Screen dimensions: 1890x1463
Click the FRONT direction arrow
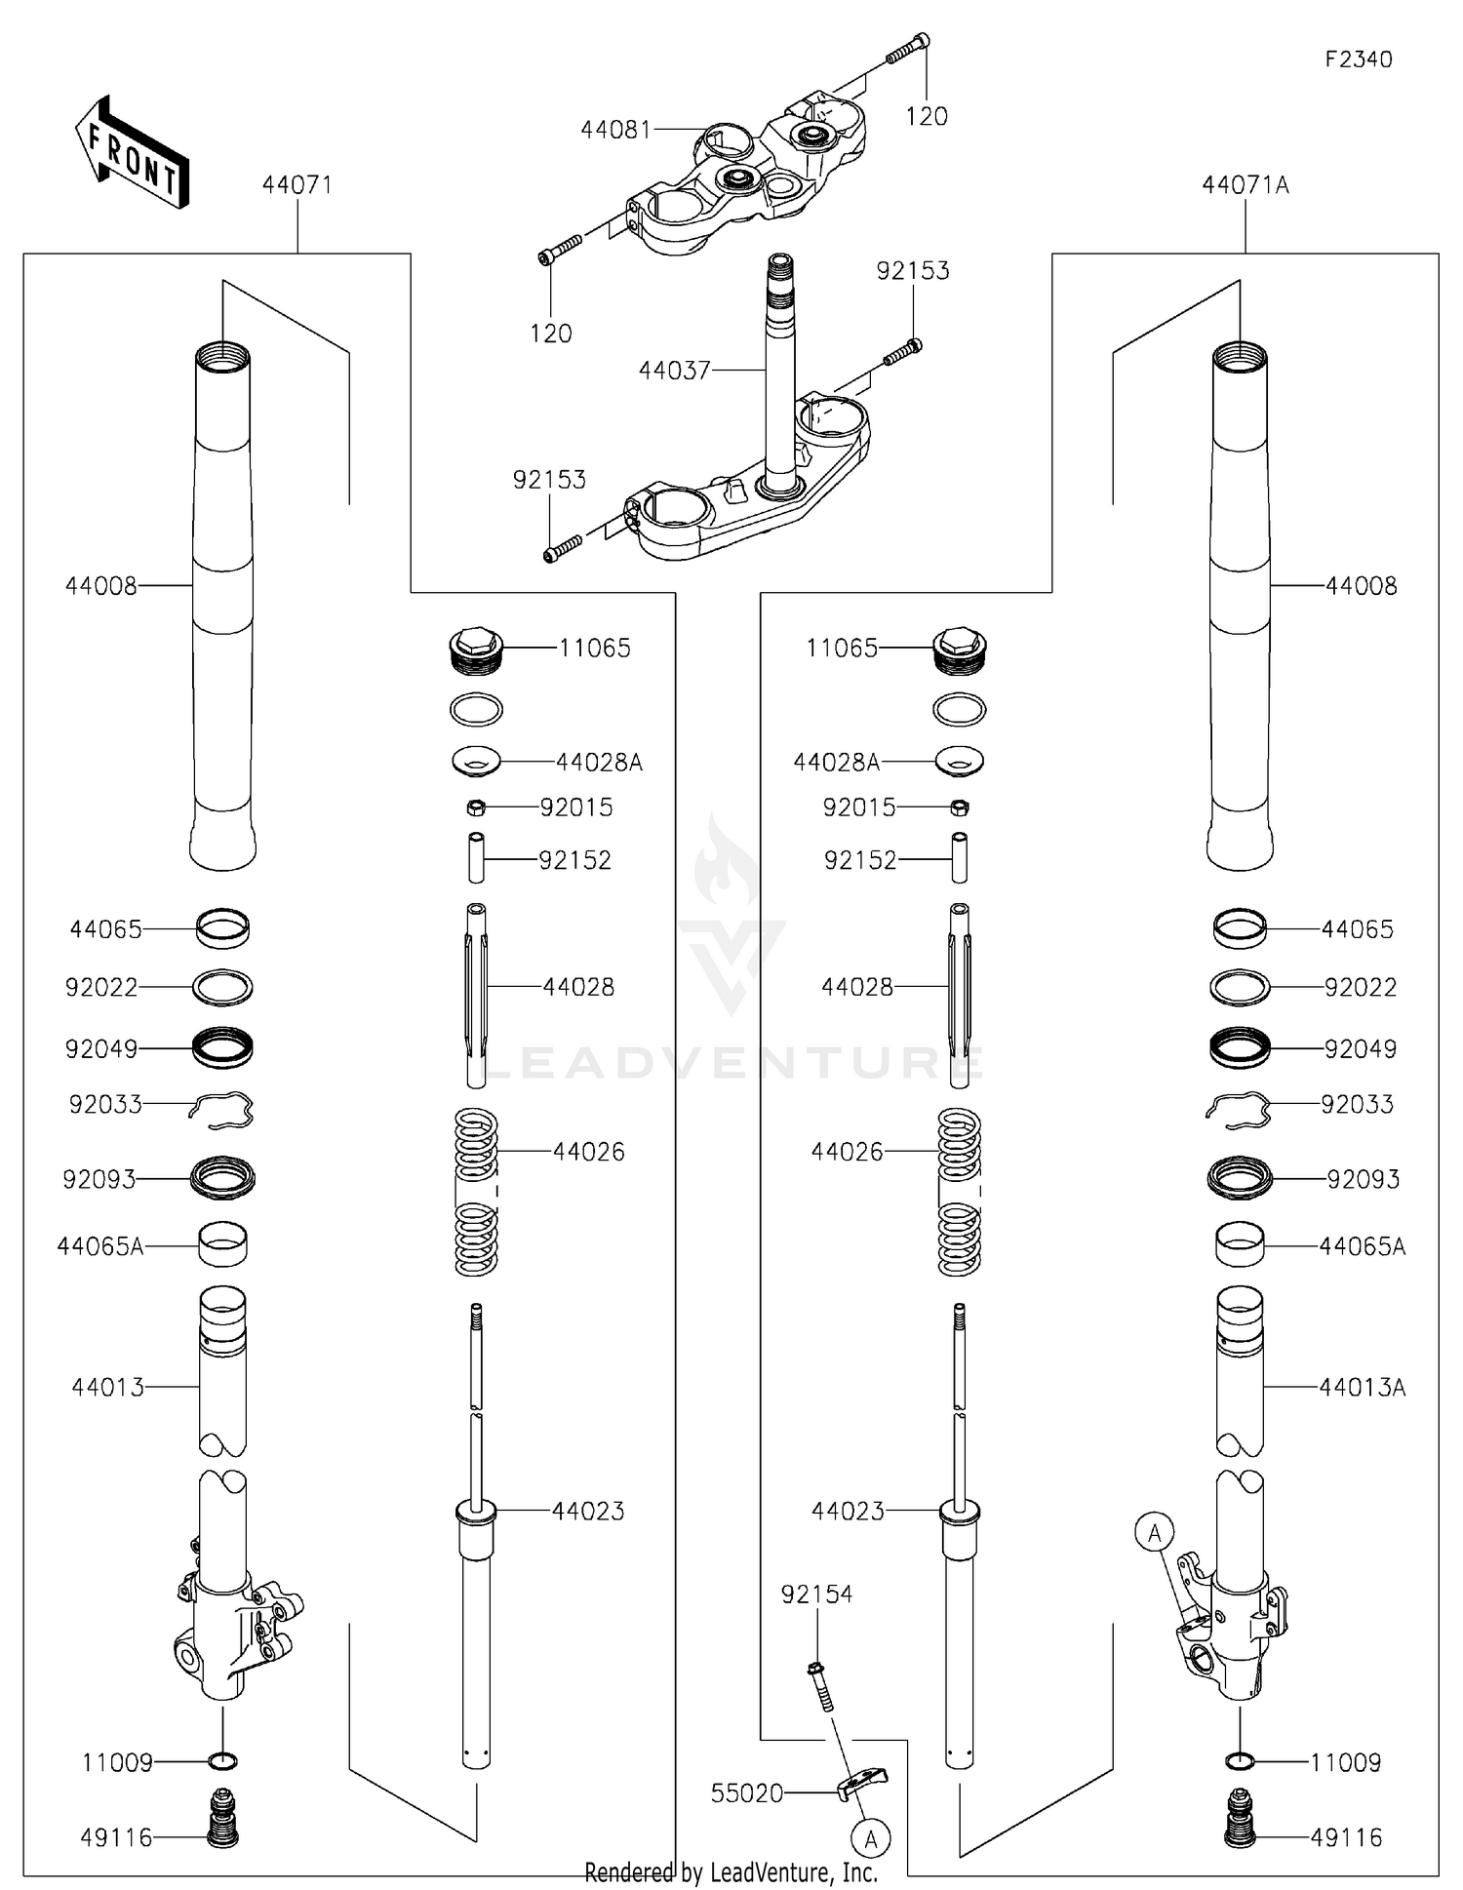(x=132, y=152)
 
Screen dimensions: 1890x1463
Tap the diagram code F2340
(x=1358, y=59)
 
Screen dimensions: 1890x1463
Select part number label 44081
(x=615, y=130)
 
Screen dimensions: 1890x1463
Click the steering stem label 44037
(x=674, y=371)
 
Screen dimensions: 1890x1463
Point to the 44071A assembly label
(x=1245, y=185)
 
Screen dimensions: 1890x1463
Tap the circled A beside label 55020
(x=870, y=1840)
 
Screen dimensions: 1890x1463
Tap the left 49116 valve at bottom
(x=223, y=1818)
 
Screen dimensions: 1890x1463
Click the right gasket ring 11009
(x=1239, y=1761)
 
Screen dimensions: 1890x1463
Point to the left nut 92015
(x=475, y=807)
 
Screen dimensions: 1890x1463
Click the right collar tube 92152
(x=959, y=858)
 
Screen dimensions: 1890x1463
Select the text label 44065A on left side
(x=99, y=1246)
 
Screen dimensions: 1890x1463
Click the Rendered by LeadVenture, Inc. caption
(x=731, y=1872)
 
